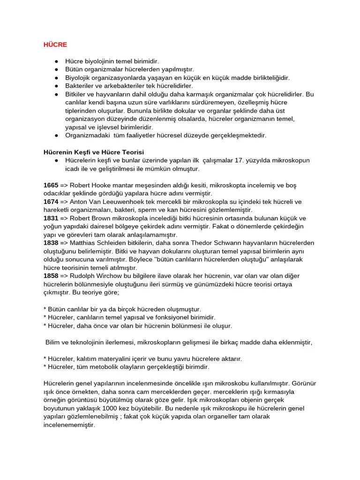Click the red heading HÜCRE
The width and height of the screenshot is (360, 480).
pyautogui.click(x=56, y=45)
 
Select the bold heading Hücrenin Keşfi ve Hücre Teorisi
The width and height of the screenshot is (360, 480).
pyautogui.click(x=94, y=152)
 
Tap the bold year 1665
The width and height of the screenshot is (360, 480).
pyautogui.click(x=51, y=185)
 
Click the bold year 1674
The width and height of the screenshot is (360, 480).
pyautogui.click(x=51, y=202)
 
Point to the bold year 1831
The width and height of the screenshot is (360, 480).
pyautogui.click(x=51, y=218)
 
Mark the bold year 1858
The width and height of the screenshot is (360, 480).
pyautogui.click(x=51, y=275)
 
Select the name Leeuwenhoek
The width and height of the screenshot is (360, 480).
pyautogui.click(x=125, y=202)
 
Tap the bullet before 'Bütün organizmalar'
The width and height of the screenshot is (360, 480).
pyautogui.click(x=56, y=69)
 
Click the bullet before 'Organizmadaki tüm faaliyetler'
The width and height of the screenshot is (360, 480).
pyautogui.click(x=56, y=135)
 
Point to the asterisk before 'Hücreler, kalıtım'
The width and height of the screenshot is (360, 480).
pyautogui.click(x=45, y=359)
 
